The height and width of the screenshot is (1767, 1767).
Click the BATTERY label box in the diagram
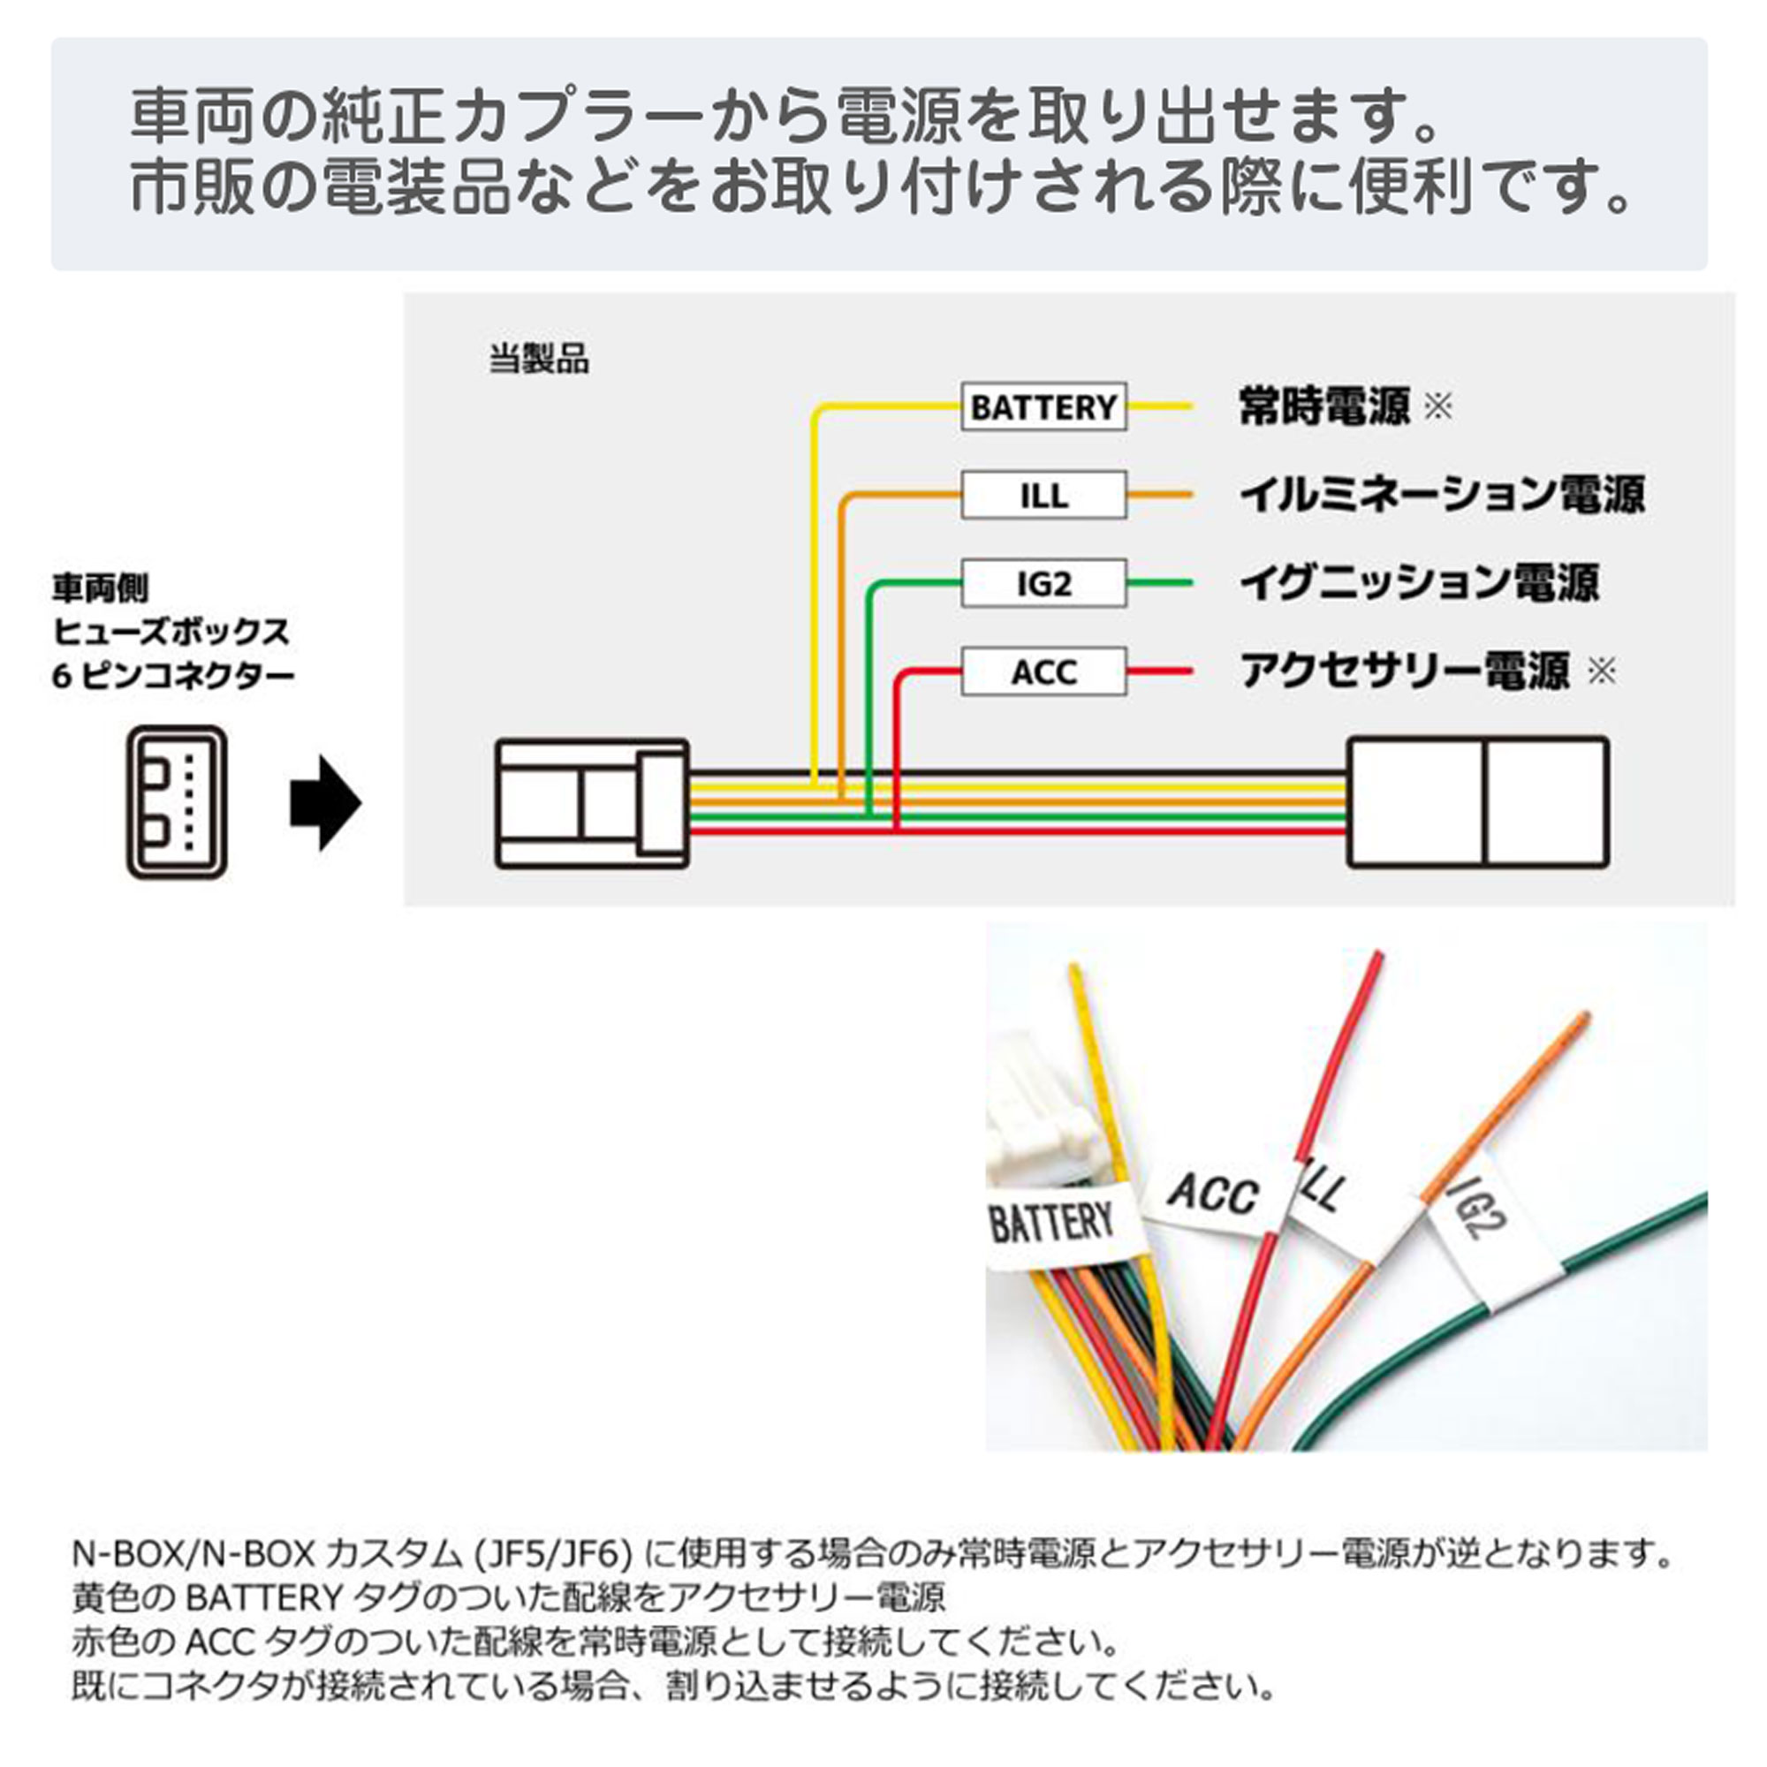1043,406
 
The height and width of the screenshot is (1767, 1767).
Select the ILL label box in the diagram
1043,495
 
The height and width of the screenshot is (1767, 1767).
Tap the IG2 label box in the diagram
1043,582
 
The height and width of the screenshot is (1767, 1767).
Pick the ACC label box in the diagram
1043,671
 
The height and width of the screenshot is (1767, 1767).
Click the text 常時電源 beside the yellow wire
1323,406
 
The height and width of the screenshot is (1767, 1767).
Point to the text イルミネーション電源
1443,495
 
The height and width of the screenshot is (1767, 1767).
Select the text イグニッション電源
1419,582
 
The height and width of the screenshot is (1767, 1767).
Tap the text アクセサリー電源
1405,671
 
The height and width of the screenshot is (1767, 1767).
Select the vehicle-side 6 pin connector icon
177,802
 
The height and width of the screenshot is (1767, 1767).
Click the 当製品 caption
539,360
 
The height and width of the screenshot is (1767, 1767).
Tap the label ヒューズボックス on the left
171,632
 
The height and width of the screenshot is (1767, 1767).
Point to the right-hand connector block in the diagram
1478,802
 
